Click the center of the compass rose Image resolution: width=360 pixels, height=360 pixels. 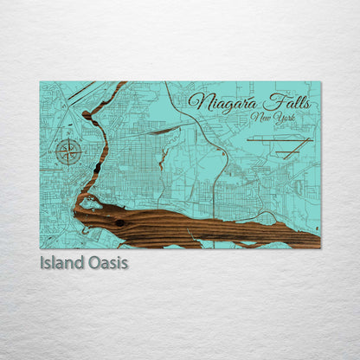click(69, 152)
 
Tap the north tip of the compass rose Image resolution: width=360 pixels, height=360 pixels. click(69, 137)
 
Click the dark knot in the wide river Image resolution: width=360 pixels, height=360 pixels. click(119, 223)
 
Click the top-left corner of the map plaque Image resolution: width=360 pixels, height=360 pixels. click(40, 81)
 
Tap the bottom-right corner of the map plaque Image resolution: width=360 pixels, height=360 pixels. click(320, 248)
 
